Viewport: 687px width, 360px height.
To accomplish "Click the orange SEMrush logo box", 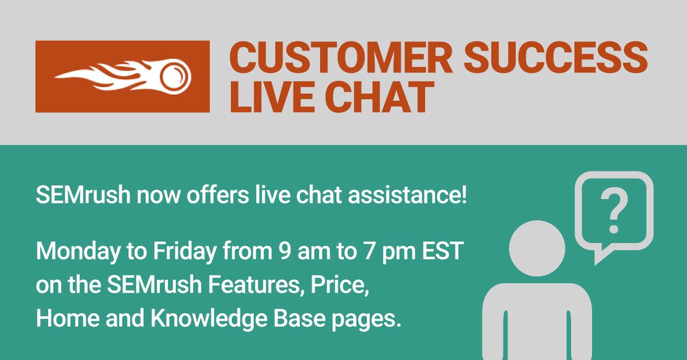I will coord(122,76).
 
